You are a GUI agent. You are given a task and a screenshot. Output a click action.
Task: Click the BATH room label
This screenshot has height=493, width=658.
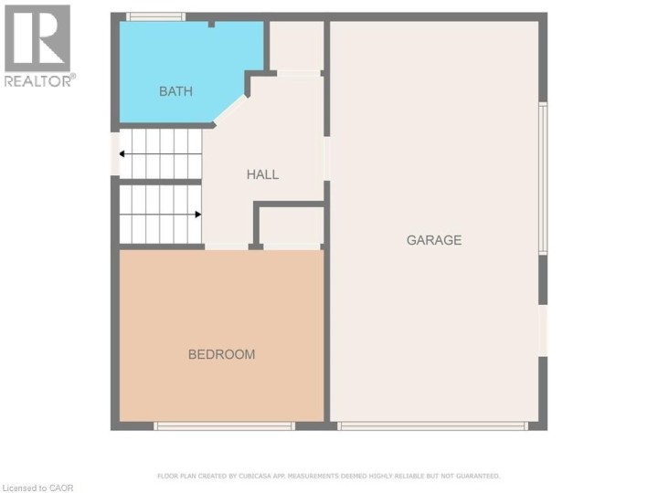click(x=175, y=91)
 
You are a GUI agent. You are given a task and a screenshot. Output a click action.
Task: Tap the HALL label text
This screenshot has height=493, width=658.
click(x=262, y=174)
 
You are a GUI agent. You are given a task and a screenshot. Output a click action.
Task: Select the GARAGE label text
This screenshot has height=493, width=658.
click(x=434, y=240)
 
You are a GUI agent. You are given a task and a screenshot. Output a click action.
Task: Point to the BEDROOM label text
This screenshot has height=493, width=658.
click(x=221, y=354)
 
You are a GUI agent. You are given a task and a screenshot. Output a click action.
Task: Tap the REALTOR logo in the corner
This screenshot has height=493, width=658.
click(x=37, y=38)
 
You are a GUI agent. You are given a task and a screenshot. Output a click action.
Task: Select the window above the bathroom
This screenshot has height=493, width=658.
click(x=155, y=16)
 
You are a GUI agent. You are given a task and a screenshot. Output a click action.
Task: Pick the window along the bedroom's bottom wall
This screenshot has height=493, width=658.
click(x=224, y=425)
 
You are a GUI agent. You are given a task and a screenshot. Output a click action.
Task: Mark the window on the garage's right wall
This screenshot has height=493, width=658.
click(x=543, y=178)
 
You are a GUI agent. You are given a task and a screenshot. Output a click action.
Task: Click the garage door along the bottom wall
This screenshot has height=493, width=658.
click(x=432, y=425)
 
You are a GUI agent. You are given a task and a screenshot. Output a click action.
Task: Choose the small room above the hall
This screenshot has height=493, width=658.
click(x=296, y=46)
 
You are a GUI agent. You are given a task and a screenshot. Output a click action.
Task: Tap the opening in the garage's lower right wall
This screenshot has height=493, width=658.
click(x=543, y=330)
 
